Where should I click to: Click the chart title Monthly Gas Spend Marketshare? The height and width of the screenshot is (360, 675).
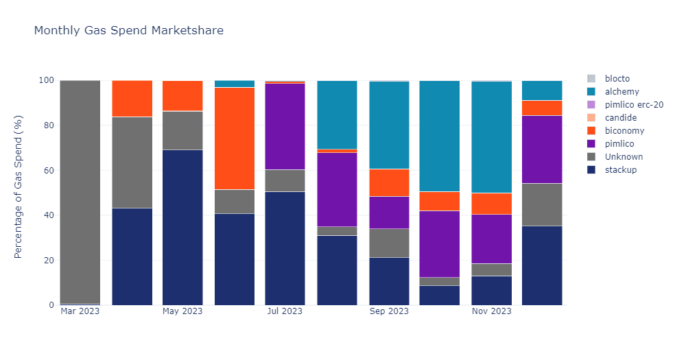[128, 31]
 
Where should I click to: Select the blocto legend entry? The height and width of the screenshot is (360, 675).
[617, 79]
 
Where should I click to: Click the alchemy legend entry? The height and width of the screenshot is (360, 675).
[621, 92]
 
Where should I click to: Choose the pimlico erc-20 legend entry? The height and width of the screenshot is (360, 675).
[633, 105]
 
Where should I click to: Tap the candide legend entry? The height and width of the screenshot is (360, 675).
[620, 118]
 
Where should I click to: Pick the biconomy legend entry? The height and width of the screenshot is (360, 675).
[624, 131]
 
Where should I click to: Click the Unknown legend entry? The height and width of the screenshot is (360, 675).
[624, 157]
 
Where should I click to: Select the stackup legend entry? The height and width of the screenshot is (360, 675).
[621, 170]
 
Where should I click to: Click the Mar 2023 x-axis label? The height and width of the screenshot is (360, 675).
[80, 311]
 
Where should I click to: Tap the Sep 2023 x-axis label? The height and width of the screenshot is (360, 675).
[389, 311]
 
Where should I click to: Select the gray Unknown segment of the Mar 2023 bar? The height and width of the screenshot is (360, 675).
[80, 192]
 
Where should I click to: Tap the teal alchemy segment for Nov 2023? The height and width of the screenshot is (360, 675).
[491, 137]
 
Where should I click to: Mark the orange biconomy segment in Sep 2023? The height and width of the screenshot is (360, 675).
[389, 182]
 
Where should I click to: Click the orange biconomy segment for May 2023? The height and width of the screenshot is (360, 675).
[182, 96]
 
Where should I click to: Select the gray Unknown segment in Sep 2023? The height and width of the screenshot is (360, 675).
[389, 243]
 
